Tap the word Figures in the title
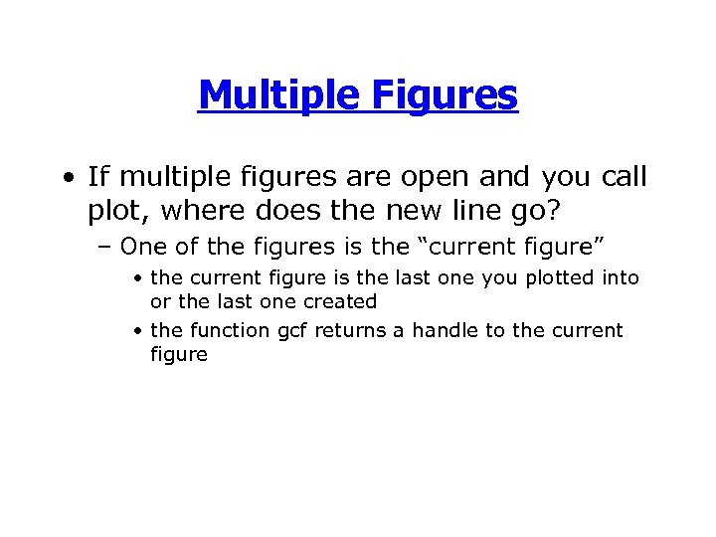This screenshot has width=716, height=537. click(446, 96)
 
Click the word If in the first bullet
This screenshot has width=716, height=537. click(97, 178)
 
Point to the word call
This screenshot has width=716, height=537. click(624, 178)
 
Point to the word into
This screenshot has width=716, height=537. click(620, 278)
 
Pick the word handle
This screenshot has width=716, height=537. click(440, 331)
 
